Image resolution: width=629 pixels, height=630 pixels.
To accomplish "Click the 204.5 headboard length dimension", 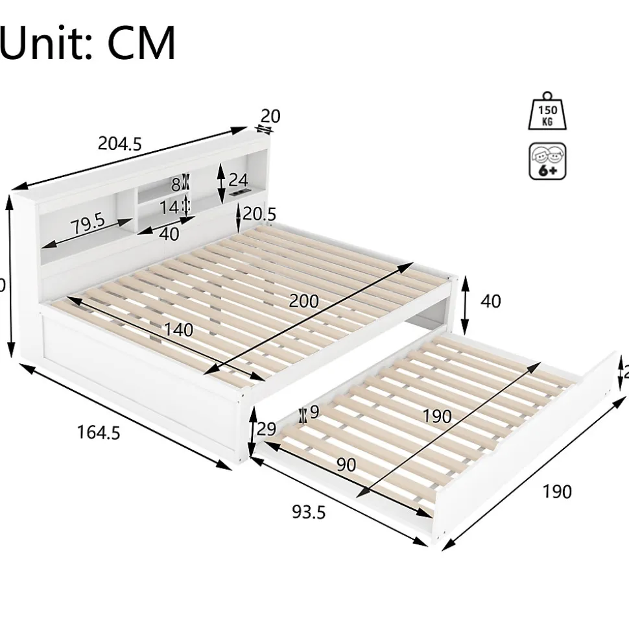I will click(119, 143).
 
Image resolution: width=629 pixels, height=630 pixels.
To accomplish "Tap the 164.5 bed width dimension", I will click(99, 432).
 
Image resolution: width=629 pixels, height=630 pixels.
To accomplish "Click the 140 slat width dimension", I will click(178, 330).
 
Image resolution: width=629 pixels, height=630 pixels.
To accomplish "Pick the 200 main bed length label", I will click(303, 301).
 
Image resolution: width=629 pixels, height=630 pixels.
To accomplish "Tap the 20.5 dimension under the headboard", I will click(259, 213).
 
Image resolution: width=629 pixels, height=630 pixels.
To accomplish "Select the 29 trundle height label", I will click(267, 429).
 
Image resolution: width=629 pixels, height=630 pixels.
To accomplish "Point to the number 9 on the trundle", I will click(314, 412).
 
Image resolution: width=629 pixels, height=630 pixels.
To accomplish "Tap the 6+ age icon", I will click(547, 162).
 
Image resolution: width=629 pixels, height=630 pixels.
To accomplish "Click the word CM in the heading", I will click(141, 43).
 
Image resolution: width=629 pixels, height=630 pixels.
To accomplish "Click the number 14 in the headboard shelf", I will click(170, 207).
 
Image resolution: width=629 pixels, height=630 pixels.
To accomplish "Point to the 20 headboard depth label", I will click(270, 116).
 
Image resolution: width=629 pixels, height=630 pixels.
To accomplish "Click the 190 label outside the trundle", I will click(557, 492).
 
